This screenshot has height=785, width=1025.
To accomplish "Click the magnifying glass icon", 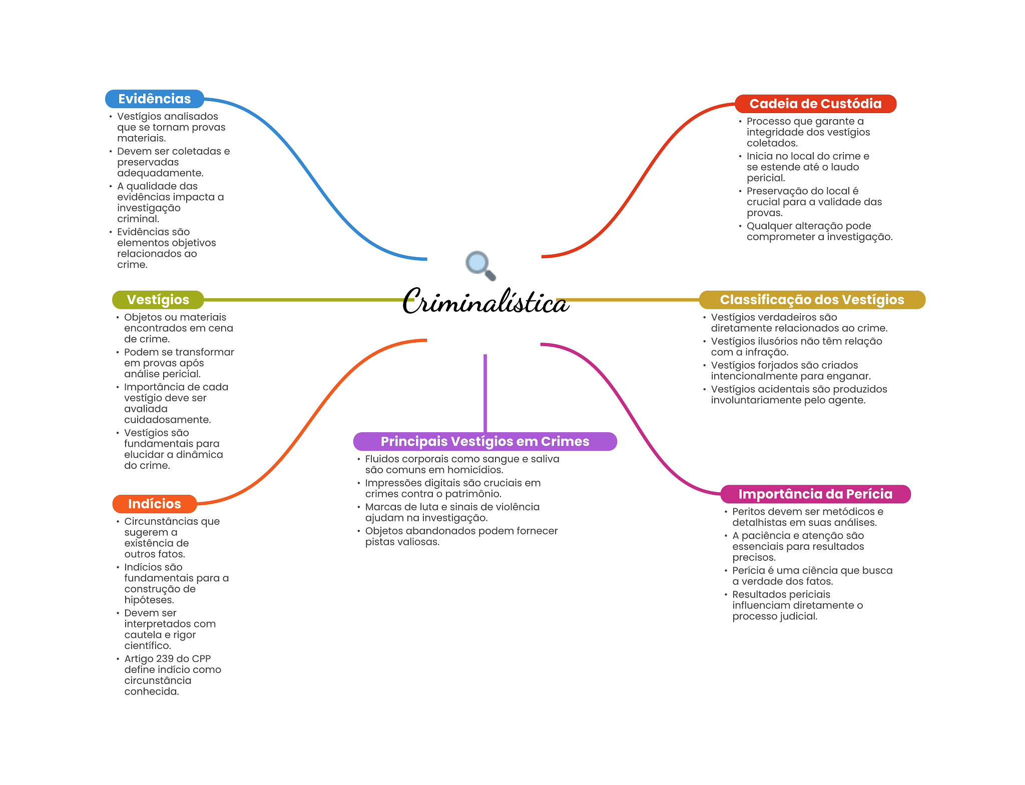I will [x=480, y=265].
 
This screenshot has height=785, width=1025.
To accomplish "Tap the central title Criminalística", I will [x=485, y=302].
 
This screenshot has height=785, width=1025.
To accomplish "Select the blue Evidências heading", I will [x=154, y=99].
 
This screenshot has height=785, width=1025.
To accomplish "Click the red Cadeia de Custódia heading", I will [x=815, y=104].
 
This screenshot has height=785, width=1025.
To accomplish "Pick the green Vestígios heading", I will [x=158, y=300].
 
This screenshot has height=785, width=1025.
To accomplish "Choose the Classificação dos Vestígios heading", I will [x=811, y=300].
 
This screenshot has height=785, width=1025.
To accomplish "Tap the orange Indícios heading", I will [x=154, y=504].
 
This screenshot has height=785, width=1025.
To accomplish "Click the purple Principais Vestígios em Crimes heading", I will [x=484, y=441].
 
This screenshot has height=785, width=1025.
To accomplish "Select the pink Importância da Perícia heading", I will [x=815, y=494].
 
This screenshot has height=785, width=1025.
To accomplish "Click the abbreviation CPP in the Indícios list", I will [x=201, y=659].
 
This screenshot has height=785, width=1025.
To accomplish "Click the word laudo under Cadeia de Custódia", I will [x=845, y=167].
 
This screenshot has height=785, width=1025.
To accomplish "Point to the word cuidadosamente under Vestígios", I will [x=167, y=420].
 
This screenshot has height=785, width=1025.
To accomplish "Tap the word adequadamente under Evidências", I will [x=160, y=173].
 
